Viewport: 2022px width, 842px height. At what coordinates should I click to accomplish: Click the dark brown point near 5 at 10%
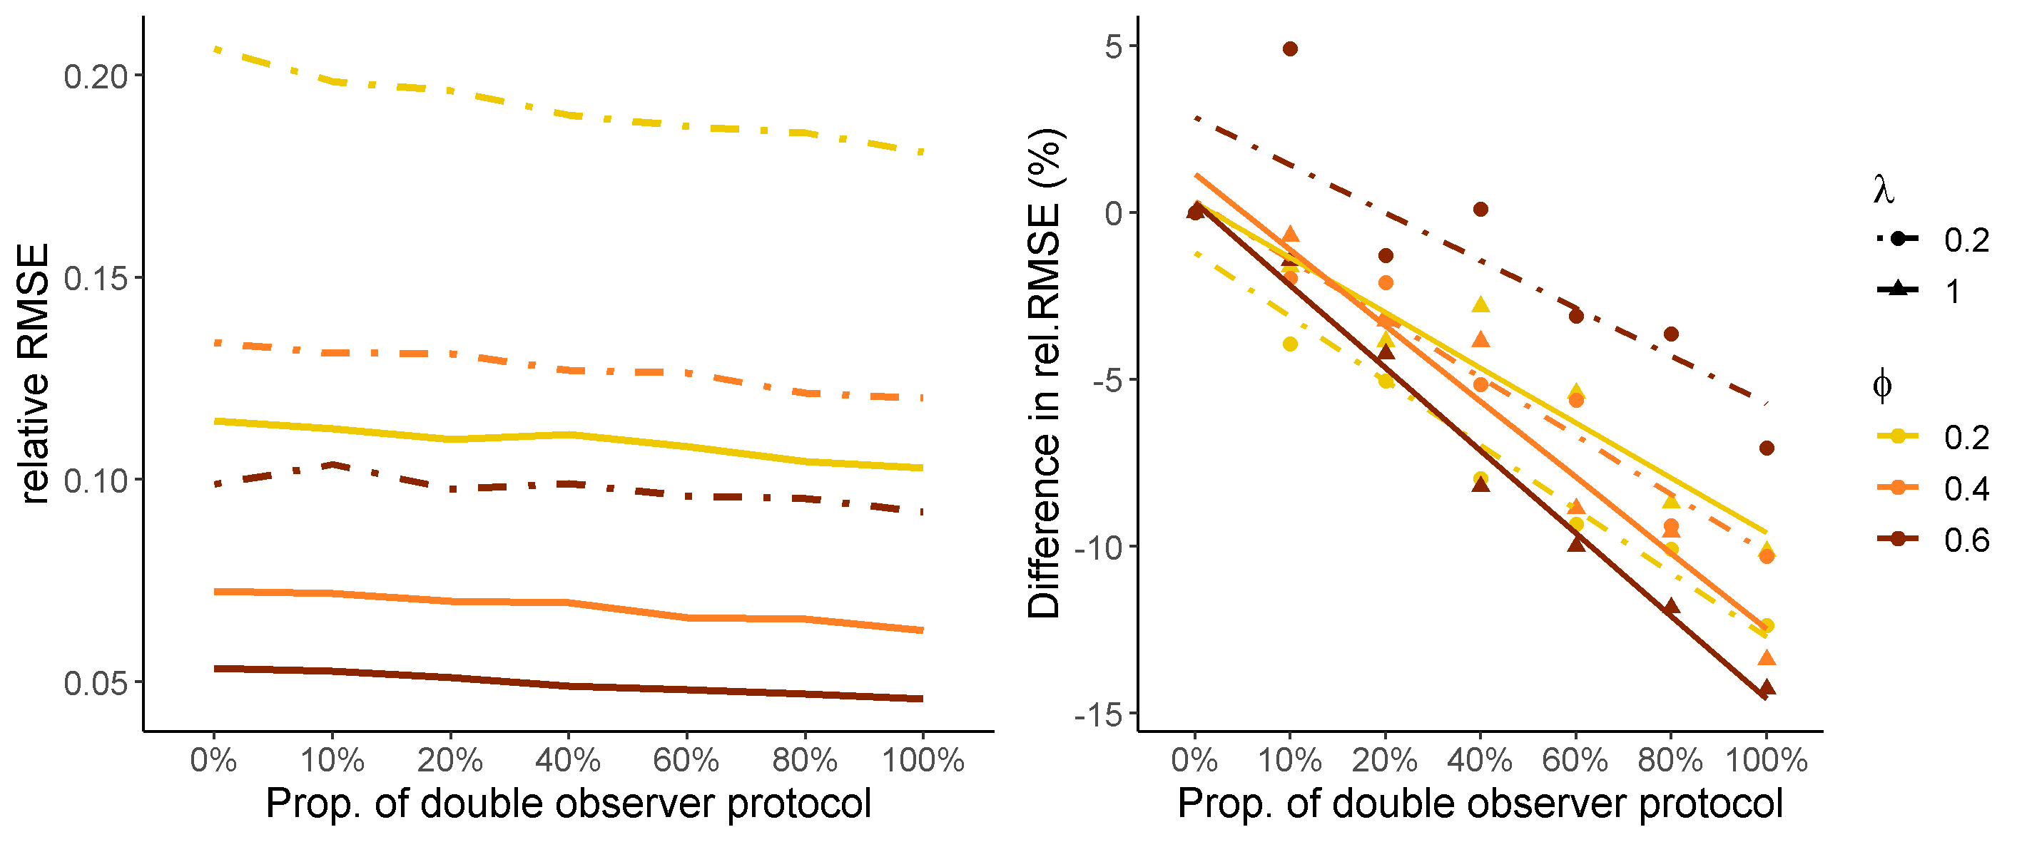tap(1290, 49)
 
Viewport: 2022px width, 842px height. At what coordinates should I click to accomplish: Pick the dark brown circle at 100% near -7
tap(1766, 448)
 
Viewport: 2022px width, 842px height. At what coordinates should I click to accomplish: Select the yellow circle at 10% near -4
tap(1290, 344)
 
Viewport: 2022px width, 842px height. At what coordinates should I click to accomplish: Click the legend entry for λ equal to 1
tap(1931, 291)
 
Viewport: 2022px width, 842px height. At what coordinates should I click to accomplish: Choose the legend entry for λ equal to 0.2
tap(1931, 240)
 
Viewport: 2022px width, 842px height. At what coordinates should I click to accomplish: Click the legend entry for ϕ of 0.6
tap(1931, 540)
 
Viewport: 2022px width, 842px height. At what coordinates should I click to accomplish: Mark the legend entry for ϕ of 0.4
tap(1931, 488)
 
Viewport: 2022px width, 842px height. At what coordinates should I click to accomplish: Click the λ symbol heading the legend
tap(1883, 189)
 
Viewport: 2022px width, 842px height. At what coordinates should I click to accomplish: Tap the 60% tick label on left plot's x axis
tap(686, 759)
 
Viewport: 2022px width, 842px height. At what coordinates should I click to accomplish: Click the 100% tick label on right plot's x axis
tap(1766, 759)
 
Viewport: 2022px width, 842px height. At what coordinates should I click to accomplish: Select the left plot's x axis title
tap(569, 804)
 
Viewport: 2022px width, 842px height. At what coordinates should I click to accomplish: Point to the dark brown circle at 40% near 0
tap(1480, 210)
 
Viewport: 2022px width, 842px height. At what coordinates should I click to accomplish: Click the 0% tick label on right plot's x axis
tap(1194, 759)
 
